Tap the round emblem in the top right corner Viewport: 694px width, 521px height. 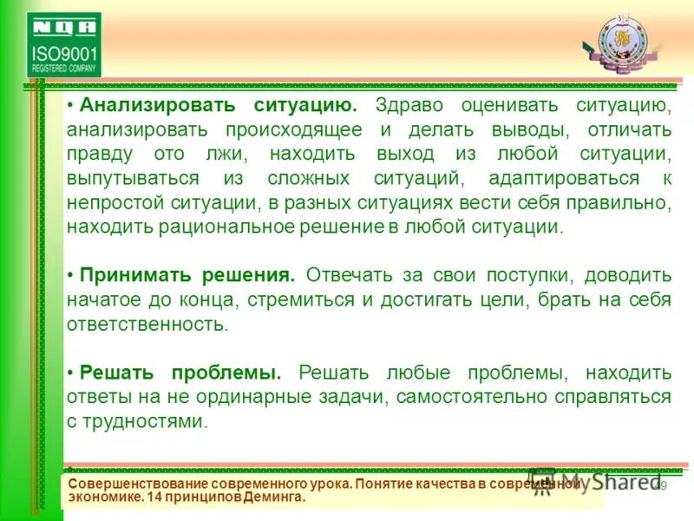[x=620, y=40]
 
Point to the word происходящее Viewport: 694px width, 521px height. [x=297, y=130]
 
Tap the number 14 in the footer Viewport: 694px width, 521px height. [x=154, y=498]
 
